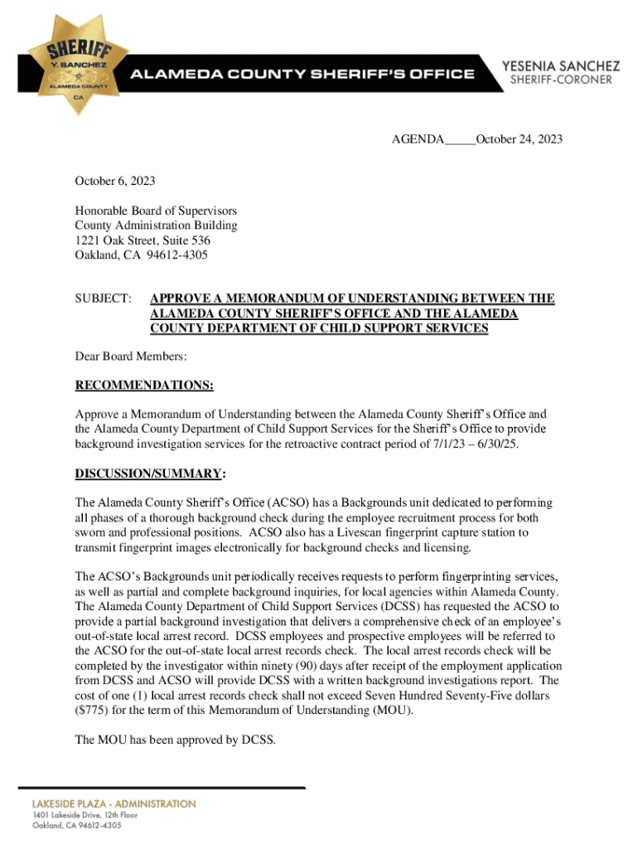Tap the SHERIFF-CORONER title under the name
tap(560, 80)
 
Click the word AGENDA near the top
tap(418, 139)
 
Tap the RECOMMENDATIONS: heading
tap(144, 386)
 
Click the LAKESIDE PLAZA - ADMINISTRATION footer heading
tap(114, 803)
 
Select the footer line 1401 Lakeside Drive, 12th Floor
tap(90, 815)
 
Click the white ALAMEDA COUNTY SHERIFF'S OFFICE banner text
tap(301, 74)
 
